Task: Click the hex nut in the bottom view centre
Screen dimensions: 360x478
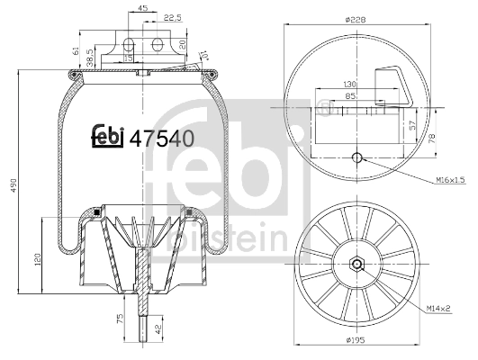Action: click(357, 264)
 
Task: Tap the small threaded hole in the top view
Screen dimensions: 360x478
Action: click(357, 159)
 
